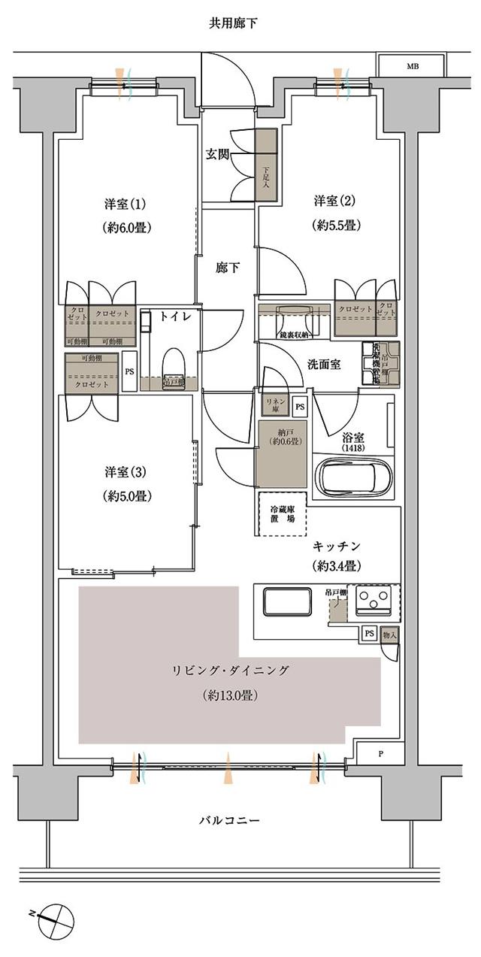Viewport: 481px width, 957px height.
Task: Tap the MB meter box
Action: coord(413,67)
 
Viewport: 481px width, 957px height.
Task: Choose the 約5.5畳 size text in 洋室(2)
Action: coord(334,225)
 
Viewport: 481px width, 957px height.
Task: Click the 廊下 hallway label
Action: coord(228,267)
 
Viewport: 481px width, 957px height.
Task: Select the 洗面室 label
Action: coord(324,365)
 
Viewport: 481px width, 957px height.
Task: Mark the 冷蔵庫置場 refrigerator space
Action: coord(282,513)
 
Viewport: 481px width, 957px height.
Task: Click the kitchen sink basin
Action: coord(287,602)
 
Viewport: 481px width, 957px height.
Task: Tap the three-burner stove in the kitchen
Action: coord(375,598)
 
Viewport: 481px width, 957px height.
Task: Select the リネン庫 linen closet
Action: coord(271,405)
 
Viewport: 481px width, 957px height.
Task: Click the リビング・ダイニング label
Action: coord(230,671)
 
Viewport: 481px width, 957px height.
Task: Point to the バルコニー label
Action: coord(230,820)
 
